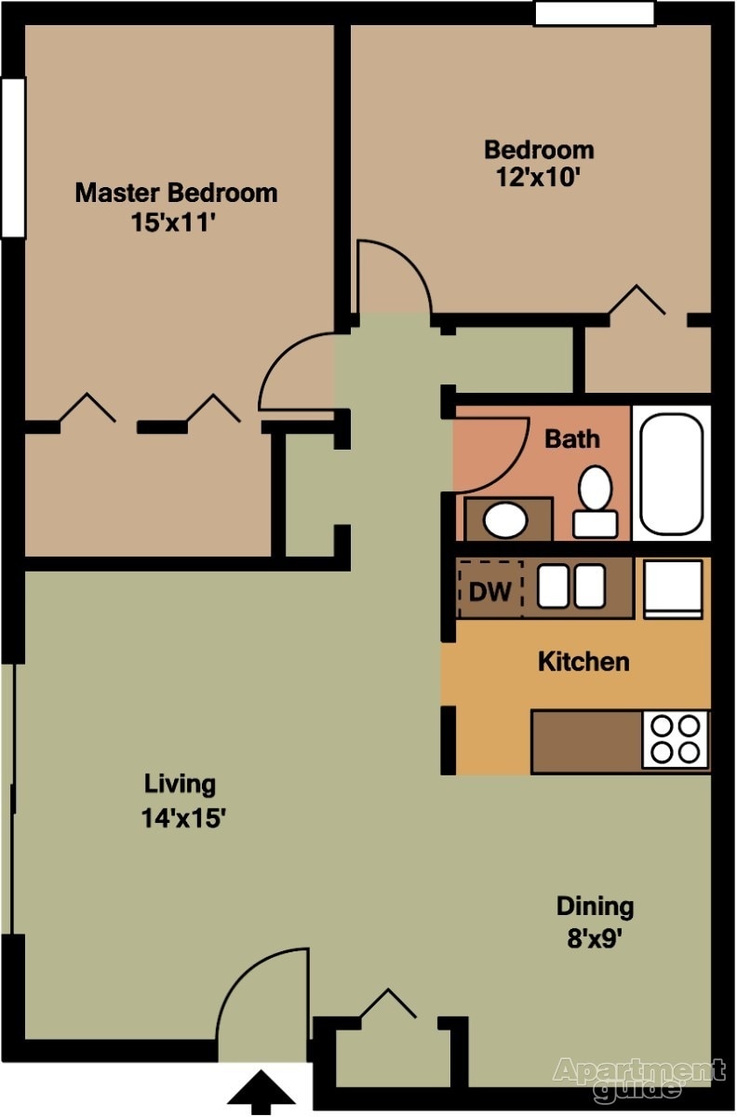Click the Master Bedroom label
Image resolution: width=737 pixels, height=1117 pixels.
tap(176, 193)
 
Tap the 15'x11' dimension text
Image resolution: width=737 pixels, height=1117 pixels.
tap(176, 222)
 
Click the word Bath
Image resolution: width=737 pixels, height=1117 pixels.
tap(572, 437)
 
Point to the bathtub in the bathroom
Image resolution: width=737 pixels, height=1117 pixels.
tap(671, 473)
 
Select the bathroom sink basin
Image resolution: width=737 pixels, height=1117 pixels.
tap(505, 519)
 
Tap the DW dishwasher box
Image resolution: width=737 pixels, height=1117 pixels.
tap(489, 590)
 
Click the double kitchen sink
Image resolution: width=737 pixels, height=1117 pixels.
tap(571, 587)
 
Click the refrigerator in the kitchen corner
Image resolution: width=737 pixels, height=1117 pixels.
tap(673, 588)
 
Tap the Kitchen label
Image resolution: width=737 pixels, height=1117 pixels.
tap(583, 662)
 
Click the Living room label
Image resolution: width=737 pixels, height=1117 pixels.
tap(180, 784)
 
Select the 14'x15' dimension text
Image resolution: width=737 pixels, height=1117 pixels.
tap(184, 818)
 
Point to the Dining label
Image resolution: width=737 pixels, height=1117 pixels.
tap(595, 906)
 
